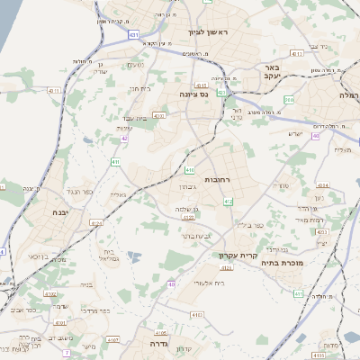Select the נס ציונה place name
[x=192, y=93]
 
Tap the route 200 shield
[x=316, y=136]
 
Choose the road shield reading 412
[x=229, y=202]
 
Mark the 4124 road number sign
[x=227, y=267]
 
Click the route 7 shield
[x=67, y=351]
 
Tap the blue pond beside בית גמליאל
[x=134, y=257]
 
